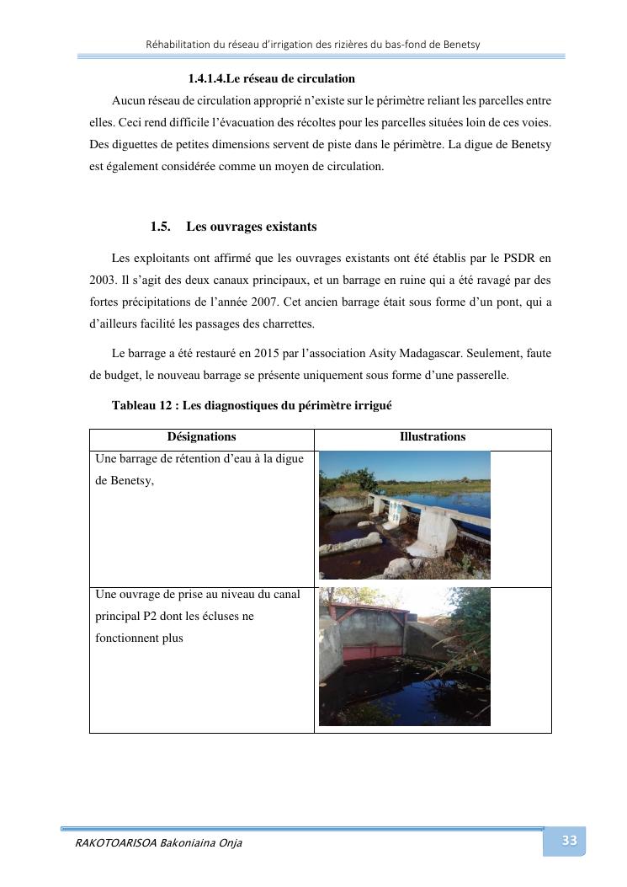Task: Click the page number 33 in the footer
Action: [x=569, y=840]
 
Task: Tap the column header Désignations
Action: [x=201, y=437]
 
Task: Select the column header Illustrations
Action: [x=432, y=437]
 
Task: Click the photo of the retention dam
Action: [x=404, y=515]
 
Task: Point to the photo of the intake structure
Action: [x=404, y=656]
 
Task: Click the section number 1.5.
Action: [x=161, y=227]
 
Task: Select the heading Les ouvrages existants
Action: [x=252, y=227]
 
